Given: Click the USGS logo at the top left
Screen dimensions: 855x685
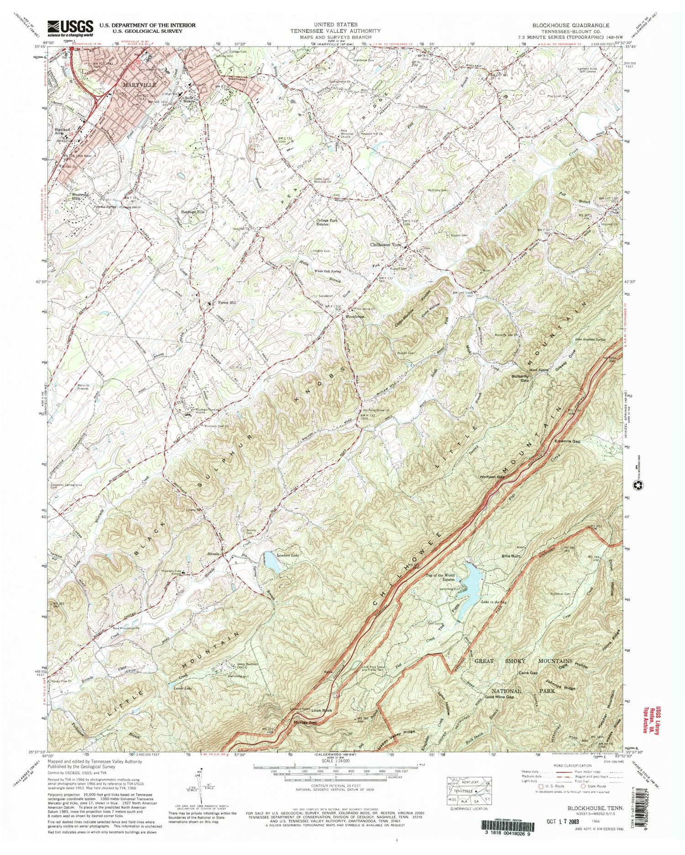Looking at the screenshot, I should click(70, 28).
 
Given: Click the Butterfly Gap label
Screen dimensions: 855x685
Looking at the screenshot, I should click(519, 378).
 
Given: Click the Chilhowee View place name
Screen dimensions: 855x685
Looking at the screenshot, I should click(386, 245).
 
